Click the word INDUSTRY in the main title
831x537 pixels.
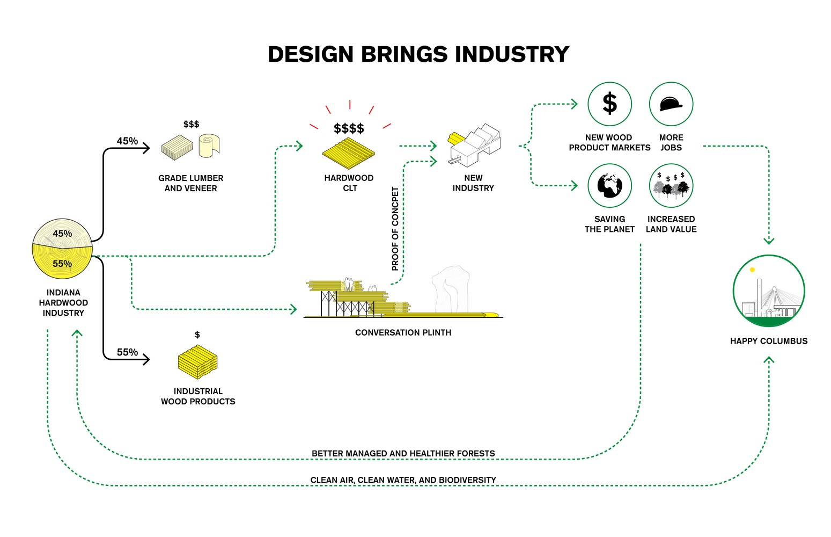click(512, 55)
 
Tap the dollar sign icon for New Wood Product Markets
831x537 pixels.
click(609, 104)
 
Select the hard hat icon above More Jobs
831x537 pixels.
click(671, 104)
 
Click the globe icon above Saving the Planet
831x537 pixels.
click(609, 185)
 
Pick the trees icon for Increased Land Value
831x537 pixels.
click(671, 186)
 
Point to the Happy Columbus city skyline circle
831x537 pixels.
click(769, 291)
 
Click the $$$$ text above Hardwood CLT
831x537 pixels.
click(349, 128)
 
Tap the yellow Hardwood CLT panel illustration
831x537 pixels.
click(349, 153)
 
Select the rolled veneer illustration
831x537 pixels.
click(209, 146)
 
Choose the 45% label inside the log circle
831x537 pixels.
click(62, 234)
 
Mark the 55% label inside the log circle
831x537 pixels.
click(62, 264)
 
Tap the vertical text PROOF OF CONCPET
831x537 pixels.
click(395, 228)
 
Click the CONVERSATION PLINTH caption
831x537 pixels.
click(403, 333)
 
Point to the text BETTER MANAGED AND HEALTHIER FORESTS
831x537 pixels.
click(403, 454)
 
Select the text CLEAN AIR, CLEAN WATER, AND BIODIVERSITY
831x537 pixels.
click(403, 480)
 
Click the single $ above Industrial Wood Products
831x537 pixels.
click(197, 335)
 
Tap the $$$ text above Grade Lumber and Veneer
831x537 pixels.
click(191, 124)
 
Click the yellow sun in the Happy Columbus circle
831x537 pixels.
click(752, 270)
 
